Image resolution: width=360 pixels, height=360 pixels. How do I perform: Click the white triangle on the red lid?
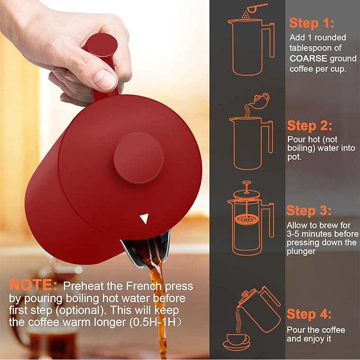coord(144,218)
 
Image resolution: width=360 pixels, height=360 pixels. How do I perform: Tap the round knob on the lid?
coord(138,158)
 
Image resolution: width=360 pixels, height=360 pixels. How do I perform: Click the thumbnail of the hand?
coord(105,79)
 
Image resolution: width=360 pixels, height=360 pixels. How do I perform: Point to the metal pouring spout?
coord(147,249)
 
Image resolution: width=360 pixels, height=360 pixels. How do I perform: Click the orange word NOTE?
coord(33,285)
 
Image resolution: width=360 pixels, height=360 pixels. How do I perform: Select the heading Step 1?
coord(311,23)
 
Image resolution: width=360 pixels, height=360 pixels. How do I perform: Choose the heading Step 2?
coord(310,126)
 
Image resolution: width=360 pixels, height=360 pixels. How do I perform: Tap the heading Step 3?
coord(309,210)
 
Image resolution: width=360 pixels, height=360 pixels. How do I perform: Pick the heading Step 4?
coord(309,314)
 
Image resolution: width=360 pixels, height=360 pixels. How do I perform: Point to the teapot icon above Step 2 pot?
coord(260,101)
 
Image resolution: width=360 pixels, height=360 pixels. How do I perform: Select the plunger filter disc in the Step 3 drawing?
coord(247,220)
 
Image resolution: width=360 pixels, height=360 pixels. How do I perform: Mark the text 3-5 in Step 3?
coord(293,234)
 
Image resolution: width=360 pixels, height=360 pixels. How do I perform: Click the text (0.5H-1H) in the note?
coord(155,322)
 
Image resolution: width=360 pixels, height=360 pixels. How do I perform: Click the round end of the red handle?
coord(102,45)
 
